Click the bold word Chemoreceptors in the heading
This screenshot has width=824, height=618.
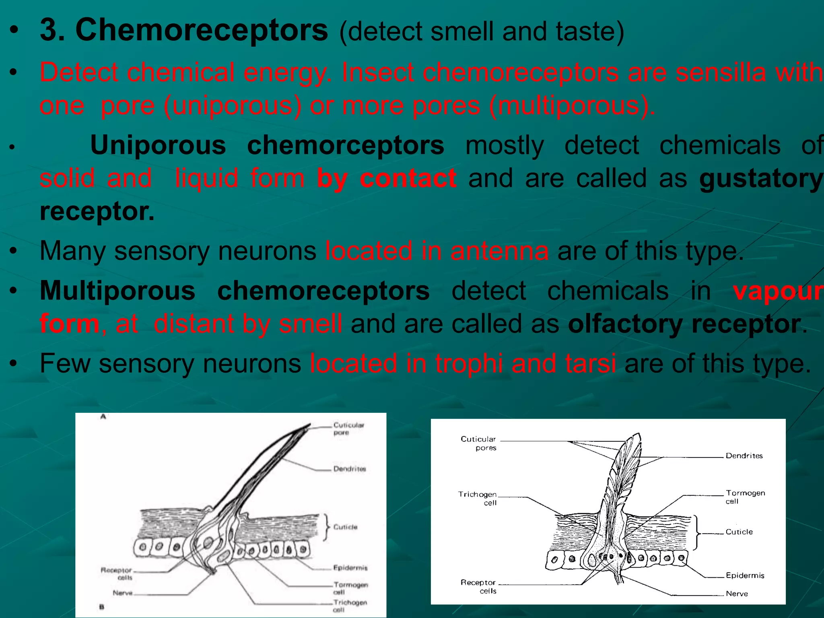pos(202,30)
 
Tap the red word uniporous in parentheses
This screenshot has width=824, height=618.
pos(233,105)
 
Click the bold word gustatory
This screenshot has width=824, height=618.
pos(760,178)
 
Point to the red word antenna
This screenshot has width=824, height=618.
pos(499,251)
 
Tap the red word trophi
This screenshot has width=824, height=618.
pos(469,363)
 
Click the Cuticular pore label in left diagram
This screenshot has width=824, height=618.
pos(348,428)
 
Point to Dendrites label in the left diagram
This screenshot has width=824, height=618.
pos(349,469)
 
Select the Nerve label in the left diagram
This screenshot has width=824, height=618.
pos(123,593)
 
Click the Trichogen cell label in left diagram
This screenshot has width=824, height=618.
pos(349,606)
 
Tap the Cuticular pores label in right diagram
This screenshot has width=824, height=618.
pos(478,443)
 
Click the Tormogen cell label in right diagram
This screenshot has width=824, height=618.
pos(745,496)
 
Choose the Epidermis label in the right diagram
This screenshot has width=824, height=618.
pos(745,575)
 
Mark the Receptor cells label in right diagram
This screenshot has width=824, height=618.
pos(479,586)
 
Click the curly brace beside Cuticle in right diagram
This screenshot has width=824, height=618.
pos(696,532)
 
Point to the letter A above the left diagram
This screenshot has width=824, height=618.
pos(103,417)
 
